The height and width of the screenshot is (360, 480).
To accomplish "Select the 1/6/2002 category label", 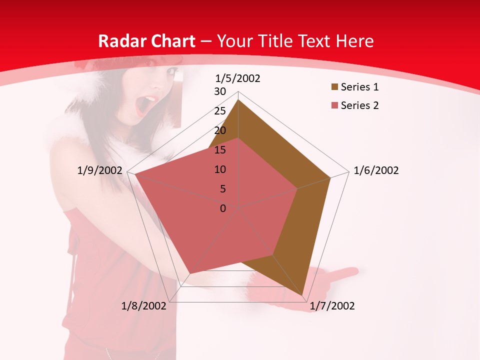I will tap(376, 170).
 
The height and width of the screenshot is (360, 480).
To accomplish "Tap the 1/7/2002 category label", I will tap(332, 306).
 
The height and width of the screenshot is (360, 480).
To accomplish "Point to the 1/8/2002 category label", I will tap(144, 306).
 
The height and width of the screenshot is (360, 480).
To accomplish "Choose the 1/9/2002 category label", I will tap(100, 170).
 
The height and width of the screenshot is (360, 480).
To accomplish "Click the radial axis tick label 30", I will tap(220, 91).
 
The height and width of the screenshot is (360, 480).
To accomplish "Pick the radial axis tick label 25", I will tap(220, 111).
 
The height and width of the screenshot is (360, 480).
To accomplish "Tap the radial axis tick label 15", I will tap(220, 150).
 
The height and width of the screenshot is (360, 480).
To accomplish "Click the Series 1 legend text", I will tap(359, 87).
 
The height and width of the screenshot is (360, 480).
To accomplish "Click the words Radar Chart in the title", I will tap(146, 41).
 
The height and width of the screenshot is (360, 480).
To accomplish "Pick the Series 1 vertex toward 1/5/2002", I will tap(238, 100).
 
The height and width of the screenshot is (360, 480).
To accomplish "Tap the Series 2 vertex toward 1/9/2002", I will tap(134, 175).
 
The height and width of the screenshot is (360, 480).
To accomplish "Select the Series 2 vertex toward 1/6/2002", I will tap(297, 188).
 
